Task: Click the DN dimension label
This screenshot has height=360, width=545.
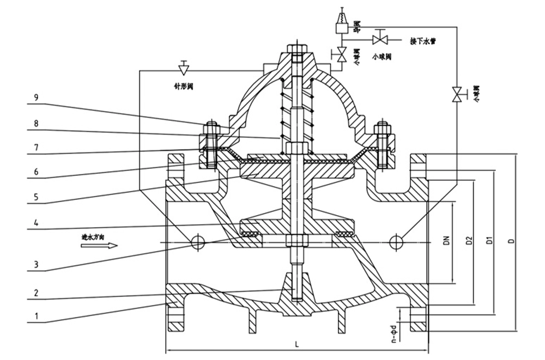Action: pos(446,240)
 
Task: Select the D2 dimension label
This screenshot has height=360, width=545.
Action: pos(468,240)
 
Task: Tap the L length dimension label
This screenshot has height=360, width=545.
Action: pos(296,344)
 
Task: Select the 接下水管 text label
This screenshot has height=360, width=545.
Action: pos(423,40)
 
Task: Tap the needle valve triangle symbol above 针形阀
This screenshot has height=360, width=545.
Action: pos(184,68)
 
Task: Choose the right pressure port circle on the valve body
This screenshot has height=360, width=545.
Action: pos(396,241)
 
